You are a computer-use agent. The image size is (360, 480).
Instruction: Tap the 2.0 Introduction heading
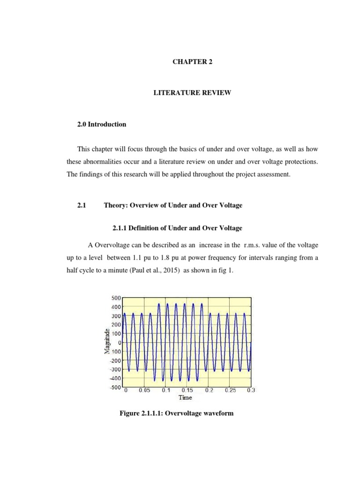coord(102,125)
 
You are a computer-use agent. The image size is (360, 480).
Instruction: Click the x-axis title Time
coord(185,397)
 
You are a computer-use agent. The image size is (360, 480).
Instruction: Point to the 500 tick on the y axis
coord(116,298)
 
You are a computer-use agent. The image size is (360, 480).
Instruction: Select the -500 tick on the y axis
coord(115,387)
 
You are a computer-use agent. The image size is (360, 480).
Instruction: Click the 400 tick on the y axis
coord(116,307)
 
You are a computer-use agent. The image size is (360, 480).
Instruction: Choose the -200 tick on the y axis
coord(115,360)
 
